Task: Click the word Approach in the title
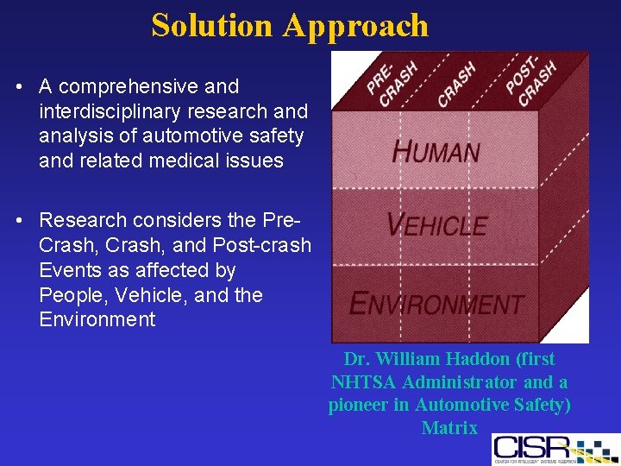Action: point(355,26)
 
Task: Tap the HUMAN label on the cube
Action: point(436,152)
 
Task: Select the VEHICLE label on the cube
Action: point(436,226)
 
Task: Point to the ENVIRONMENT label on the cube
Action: point(436,304)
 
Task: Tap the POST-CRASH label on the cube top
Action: point(530,81)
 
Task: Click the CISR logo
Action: point(553,449)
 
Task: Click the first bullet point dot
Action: point(18,87)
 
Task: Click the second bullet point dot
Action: point(18,220)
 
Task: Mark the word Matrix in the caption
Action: point(449,427)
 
